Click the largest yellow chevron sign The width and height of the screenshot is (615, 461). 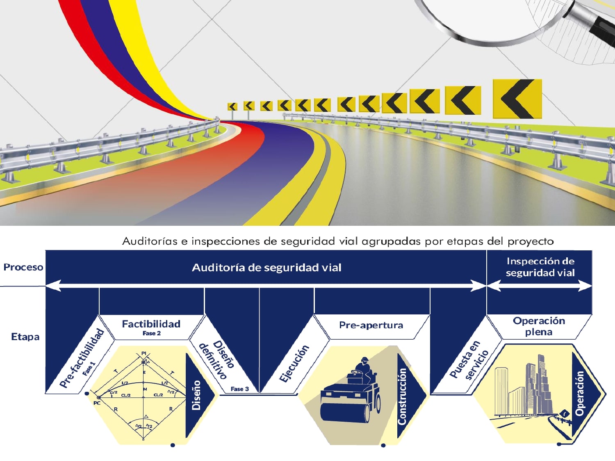click(517, 99)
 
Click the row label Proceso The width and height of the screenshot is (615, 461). click(23, 267)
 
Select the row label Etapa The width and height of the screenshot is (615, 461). click(25, 337)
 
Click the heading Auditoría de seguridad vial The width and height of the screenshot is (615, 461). click(267, 268)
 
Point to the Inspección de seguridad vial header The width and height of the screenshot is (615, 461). click(540, 267)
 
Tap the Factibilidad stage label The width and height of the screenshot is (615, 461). click(151, 324)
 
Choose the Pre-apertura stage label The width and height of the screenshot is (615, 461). click(371, 325)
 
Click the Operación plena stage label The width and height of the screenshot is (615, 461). click(539, 326)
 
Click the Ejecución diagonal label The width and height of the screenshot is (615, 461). click(294, 363)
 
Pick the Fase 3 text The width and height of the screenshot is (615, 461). click(239, 389)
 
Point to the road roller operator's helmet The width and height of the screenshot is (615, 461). click(364, 360)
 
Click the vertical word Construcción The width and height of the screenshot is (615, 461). click(402, 396)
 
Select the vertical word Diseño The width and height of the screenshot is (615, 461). click(196, 395)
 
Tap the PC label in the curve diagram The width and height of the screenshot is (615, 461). click(97, 403)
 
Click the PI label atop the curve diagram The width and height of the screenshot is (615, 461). click(144, 353)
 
